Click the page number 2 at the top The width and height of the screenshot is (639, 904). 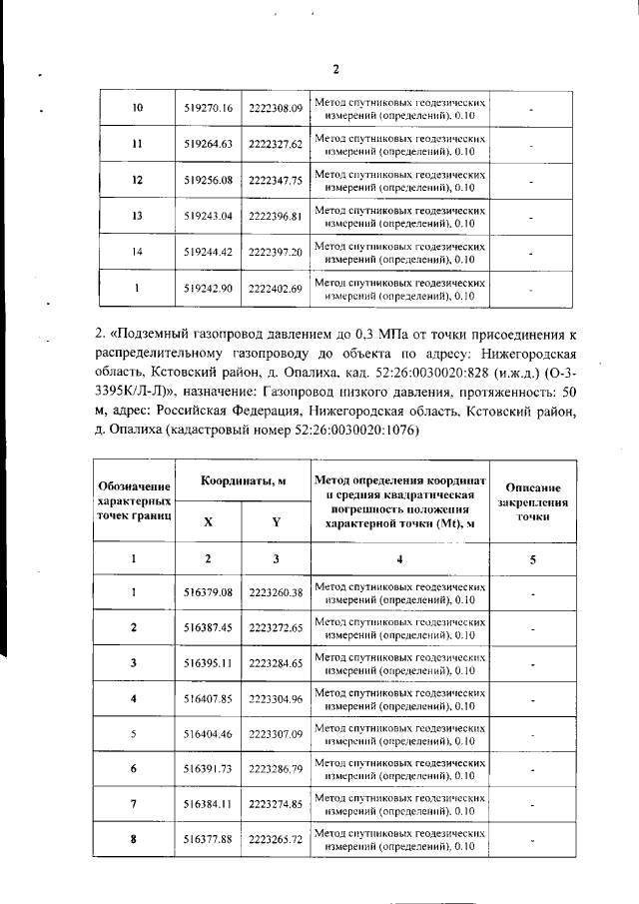pyautogui.click(x=335, y=69)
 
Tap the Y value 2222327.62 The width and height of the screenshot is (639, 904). pyautogui.click(x=276, y=144)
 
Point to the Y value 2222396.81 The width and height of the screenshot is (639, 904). pyautogui.click(x=276, y=216)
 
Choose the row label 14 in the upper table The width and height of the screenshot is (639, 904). pyautogui.click(x=138, y=252)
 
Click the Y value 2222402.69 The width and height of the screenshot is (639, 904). pyautogui.click(x=276, y=288)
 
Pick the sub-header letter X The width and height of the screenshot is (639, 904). pyautogui.click(x=208, y=521)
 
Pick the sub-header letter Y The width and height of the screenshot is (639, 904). pyautogui.click(x=276, y=521)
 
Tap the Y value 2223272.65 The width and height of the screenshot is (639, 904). pyautogui.click(x=276, y=628)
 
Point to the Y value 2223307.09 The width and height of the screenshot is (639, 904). pyautogui.click(x=276, y=734)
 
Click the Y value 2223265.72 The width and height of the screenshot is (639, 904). pyautogui.click(x=276, y=840)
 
